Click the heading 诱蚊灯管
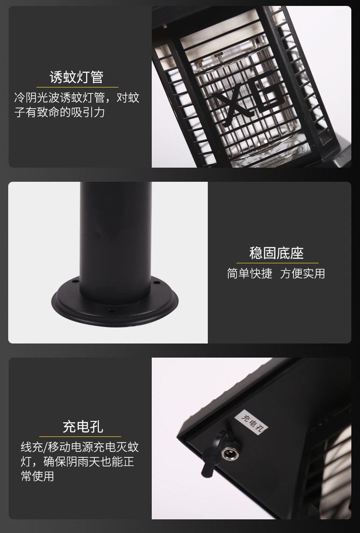point(77,77)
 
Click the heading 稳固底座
point(276,253)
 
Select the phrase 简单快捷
point(249,273)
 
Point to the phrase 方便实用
point(303,273)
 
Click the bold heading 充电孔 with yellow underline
point(83,427)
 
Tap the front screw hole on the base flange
point(109,312)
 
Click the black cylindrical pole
point(116,237)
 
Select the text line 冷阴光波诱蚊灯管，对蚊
point(77,97)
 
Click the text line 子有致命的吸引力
point(60,112)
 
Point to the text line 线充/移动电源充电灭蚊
point(80,447)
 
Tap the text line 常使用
point(37,477)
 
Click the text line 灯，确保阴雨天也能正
point(77,461)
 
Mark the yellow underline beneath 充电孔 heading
point(80,436)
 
